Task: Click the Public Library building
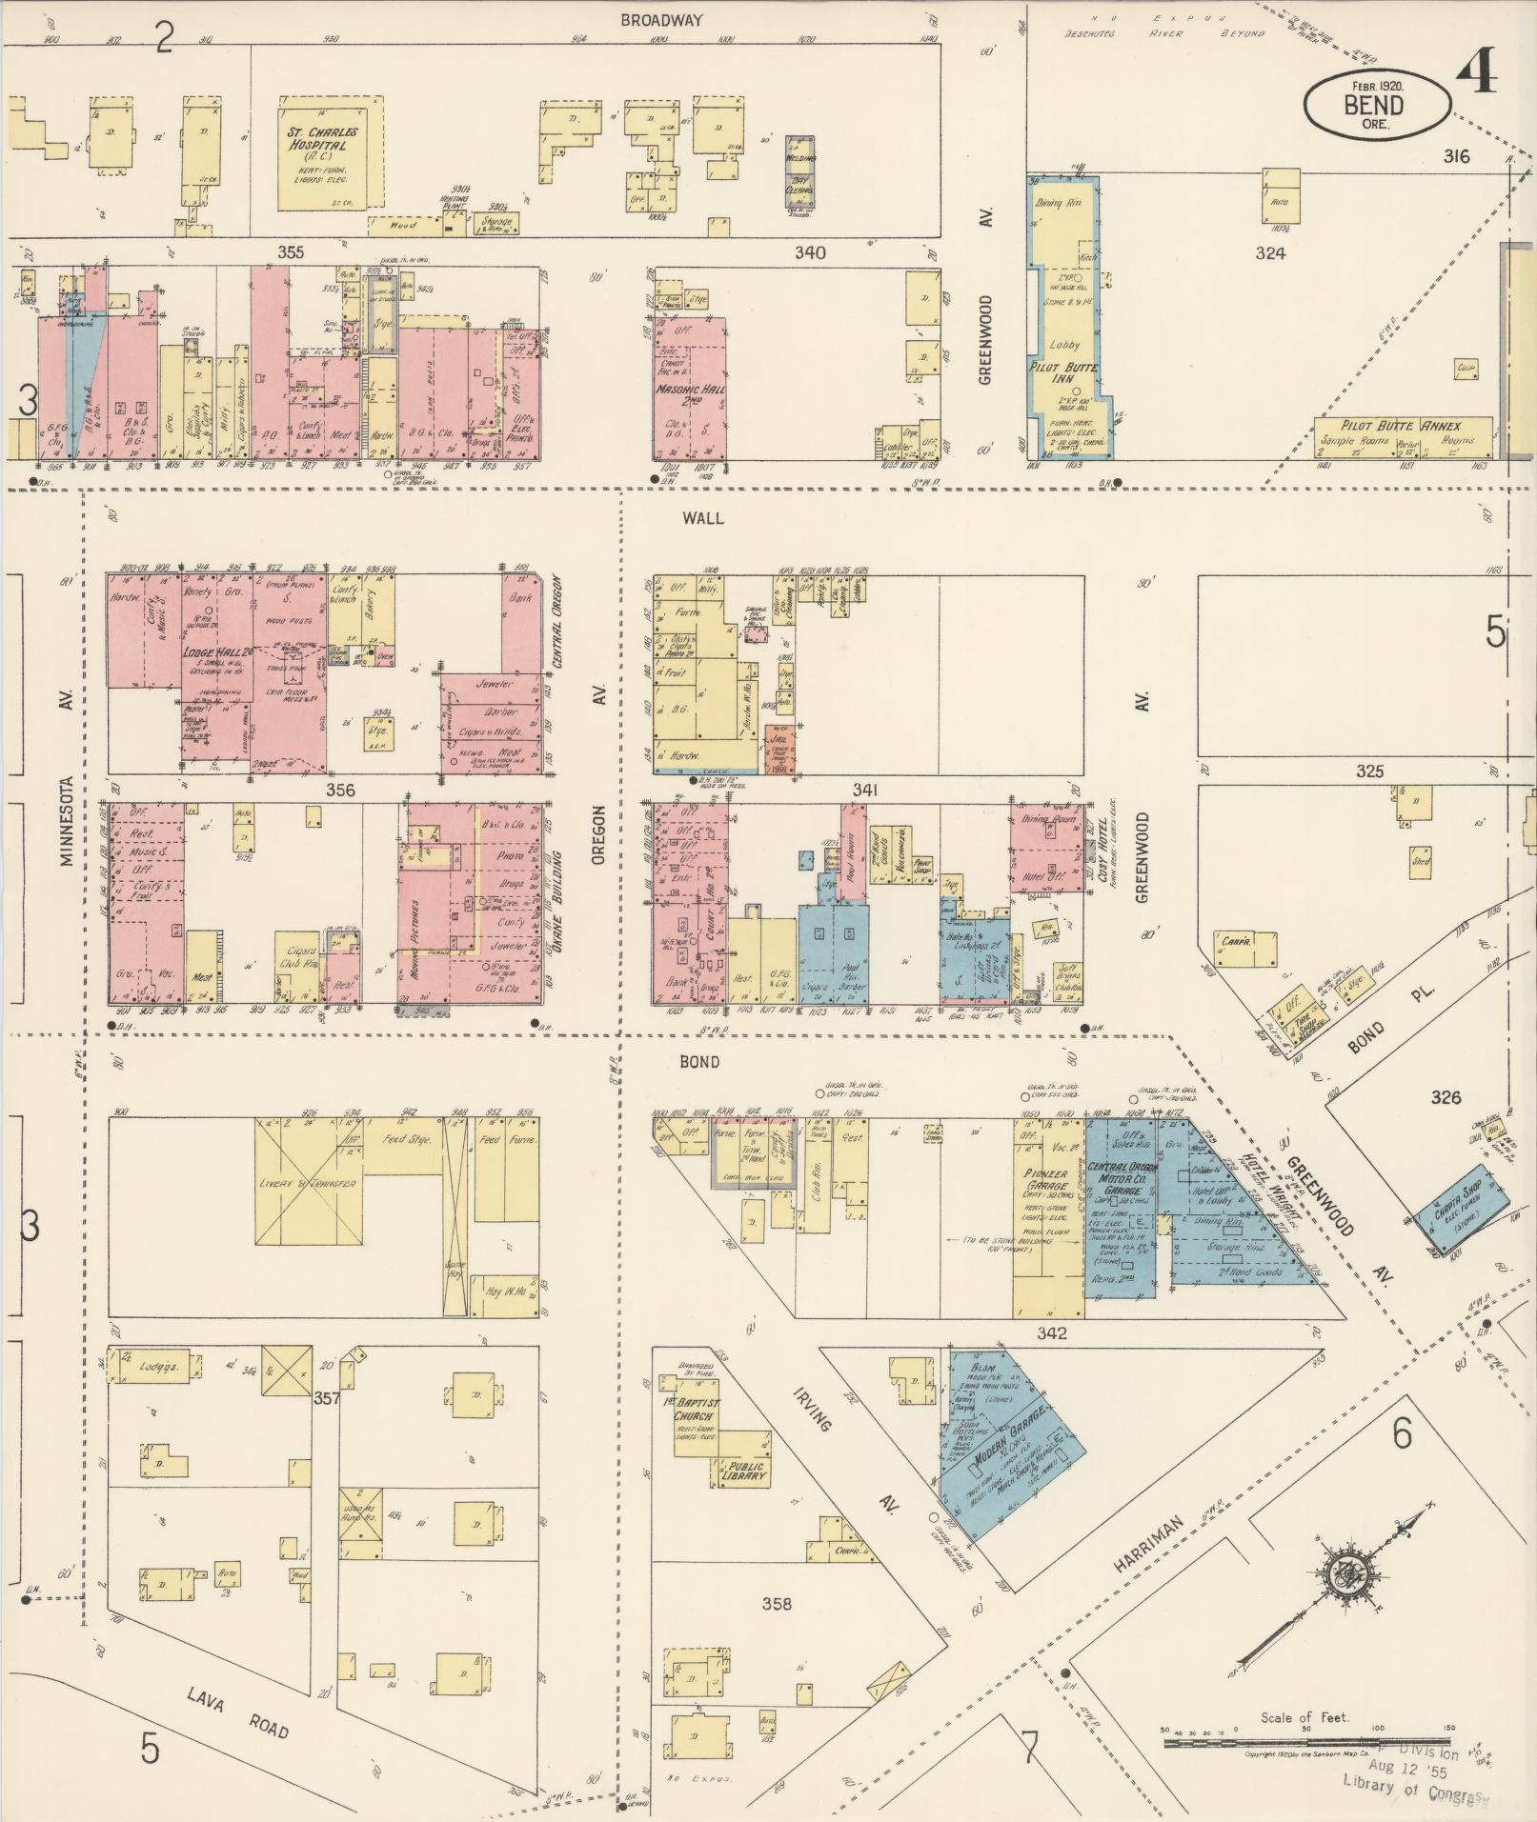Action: [742, 1471]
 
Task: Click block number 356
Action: [339, 790]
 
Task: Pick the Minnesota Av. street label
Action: [66, 821]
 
